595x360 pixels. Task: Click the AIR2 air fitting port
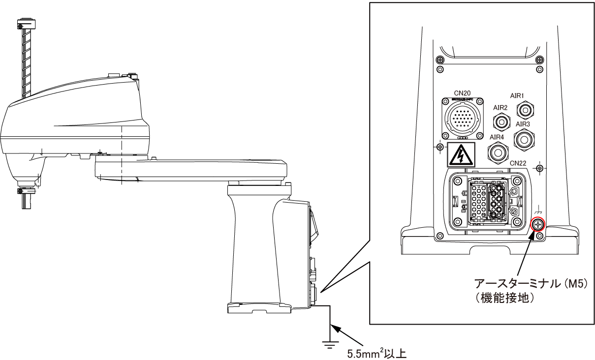pyautogui.click(x=501, y=120)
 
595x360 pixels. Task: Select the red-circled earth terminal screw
pyautogui.click(x=538, y=224)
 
